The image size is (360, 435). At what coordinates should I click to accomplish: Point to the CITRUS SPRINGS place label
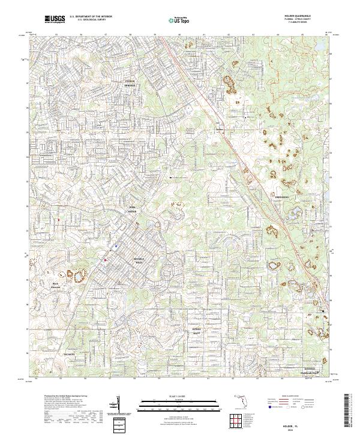click(130, 84)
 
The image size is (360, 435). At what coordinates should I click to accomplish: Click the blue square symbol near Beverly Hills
click(115, 246)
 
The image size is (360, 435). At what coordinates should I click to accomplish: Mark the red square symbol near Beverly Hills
click(106, 260)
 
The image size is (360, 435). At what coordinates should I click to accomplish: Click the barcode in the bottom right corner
click(351, 410)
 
